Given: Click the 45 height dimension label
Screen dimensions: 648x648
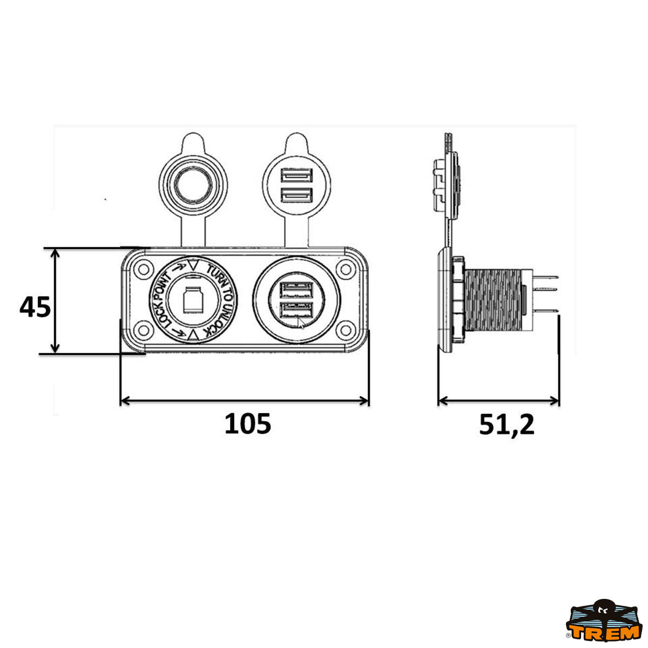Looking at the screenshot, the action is point(35,307).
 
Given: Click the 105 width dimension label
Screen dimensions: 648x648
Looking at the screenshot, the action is point(247,424).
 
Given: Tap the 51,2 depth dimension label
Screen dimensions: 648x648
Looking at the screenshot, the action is point(507,425).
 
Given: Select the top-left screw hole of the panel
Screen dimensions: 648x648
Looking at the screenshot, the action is point(144,269).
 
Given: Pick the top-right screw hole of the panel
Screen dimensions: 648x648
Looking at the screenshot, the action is point(346,269).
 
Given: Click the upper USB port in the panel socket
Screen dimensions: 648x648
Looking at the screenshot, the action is point(296,290).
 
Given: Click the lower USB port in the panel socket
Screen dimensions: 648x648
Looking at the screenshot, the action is point(296,310).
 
